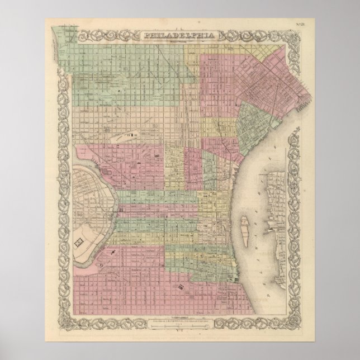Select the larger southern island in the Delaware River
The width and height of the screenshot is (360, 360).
[243, 230]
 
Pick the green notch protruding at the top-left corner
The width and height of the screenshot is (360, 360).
[59, 42]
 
